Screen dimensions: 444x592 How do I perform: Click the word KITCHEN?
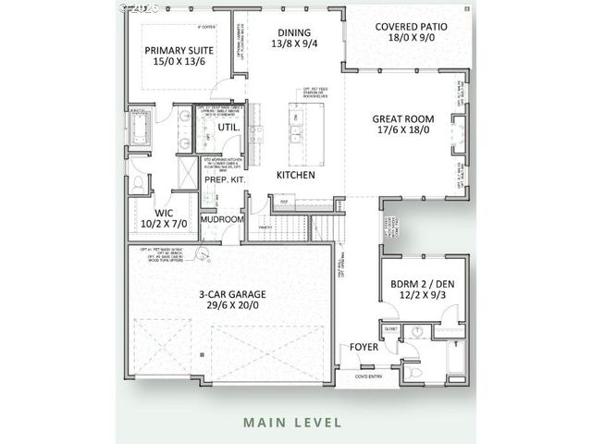(296, 174)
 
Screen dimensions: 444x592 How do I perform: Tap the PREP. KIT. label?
(224, 179)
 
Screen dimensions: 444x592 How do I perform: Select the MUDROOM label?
(223, 219)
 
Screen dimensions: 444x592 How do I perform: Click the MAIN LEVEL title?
(292, 423)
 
